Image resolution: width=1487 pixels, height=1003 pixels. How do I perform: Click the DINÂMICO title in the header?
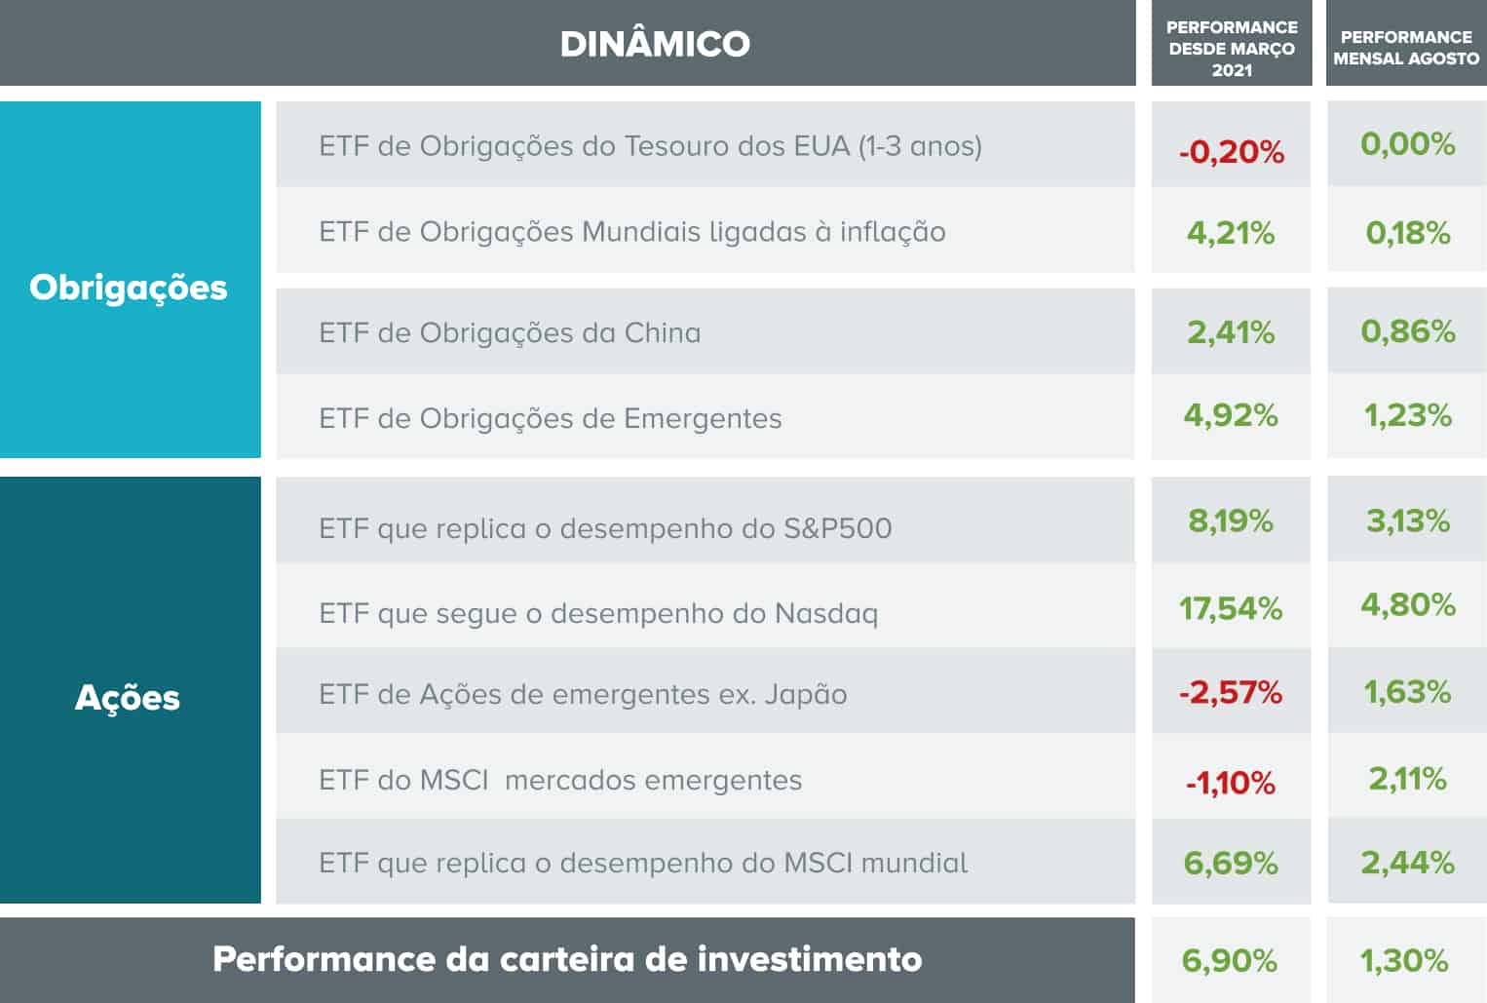[655, 44]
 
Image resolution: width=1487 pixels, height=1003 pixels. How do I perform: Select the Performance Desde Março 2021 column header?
[1232, 49]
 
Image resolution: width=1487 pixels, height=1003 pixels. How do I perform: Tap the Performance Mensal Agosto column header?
[1406, 48]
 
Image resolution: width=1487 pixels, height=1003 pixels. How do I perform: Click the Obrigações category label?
[129, 288]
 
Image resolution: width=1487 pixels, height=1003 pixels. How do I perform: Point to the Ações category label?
[128, 698]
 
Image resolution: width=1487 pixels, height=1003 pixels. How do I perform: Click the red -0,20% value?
[1232, 152]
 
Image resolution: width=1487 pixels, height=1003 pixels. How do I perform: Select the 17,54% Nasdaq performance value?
[1231, 608]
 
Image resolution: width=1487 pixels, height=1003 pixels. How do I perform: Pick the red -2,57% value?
[1231, 692]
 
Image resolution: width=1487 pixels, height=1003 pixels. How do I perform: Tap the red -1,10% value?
[1231, 783]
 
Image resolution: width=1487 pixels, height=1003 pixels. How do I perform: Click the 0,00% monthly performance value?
[1408, 144]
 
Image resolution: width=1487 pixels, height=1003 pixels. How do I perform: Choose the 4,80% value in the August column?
[1408, 604]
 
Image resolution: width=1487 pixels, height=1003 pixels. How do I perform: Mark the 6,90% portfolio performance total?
[1230, 961]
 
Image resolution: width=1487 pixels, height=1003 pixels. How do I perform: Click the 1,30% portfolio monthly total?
[1404, 961]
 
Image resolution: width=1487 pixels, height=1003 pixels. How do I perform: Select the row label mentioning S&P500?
[605, 528]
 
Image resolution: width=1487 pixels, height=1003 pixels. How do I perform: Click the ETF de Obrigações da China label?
[510, 333]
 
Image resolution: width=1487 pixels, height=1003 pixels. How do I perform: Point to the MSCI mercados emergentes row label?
[560, 781]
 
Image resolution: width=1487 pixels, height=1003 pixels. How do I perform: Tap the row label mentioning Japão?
[583, 694]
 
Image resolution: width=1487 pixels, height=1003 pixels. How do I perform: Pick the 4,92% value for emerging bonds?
[1231, 415]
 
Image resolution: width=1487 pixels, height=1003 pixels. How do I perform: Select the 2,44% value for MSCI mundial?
[1408, 863]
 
